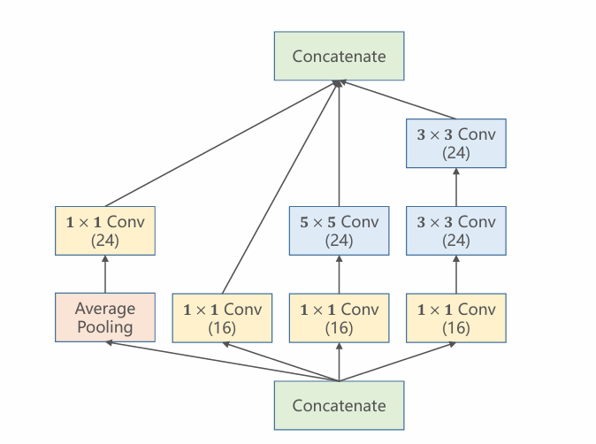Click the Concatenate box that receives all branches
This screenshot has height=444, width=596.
click(x=339, y=56)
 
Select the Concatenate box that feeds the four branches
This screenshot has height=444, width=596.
click(x=339, y=405)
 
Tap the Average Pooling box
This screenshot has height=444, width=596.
click(x=105, y=318)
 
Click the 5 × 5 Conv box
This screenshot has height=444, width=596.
click(x=339, y=231)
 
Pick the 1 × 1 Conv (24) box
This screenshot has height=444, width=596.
click(x=105, y=231)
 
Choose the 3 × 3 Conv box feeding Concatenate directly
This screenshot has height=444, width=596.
click(x=456, y=143)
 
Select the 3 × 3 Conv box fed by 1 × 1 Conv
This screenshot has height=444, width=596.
click(x=456, y=231)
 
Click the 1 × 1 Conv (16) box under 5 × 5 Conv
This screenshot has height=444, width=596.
click(x=339, y=318)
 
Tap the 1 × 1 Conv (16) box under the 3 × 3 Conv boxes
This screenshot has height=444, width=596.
click(x=456, y=318)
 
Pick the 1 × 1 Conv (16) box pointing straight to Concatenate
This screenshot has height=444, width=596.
click(x=222, y=318)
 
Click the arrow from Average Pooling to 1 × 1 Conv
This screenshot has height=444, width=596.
click(x=105, y=274)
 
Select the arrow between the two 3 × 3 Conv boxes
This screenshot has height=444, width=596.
click(x=456, y=187)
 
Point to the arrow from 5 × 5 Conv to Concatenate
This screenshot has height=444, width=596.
click(x=339, y=143)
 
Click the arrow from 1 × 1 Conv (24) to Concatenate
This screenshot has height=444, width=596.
click(x=222, y=143)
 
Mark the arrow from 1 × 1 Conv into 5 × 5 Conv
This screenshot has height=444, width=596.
click(x=339, y=274)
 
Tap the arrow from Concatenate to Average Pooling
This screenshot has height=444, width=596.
click(x=222, y=361)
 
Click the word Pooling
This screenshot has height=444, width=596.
click(x=105, y=327)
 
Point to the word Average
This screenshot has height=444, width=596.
click(x=105, y=309)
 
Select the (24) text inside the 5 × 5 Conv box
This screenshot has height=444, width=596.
click(x=339, y=241)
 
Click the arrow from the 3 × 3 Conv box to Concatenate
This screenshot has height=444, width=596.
click(x=398, y=100)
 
